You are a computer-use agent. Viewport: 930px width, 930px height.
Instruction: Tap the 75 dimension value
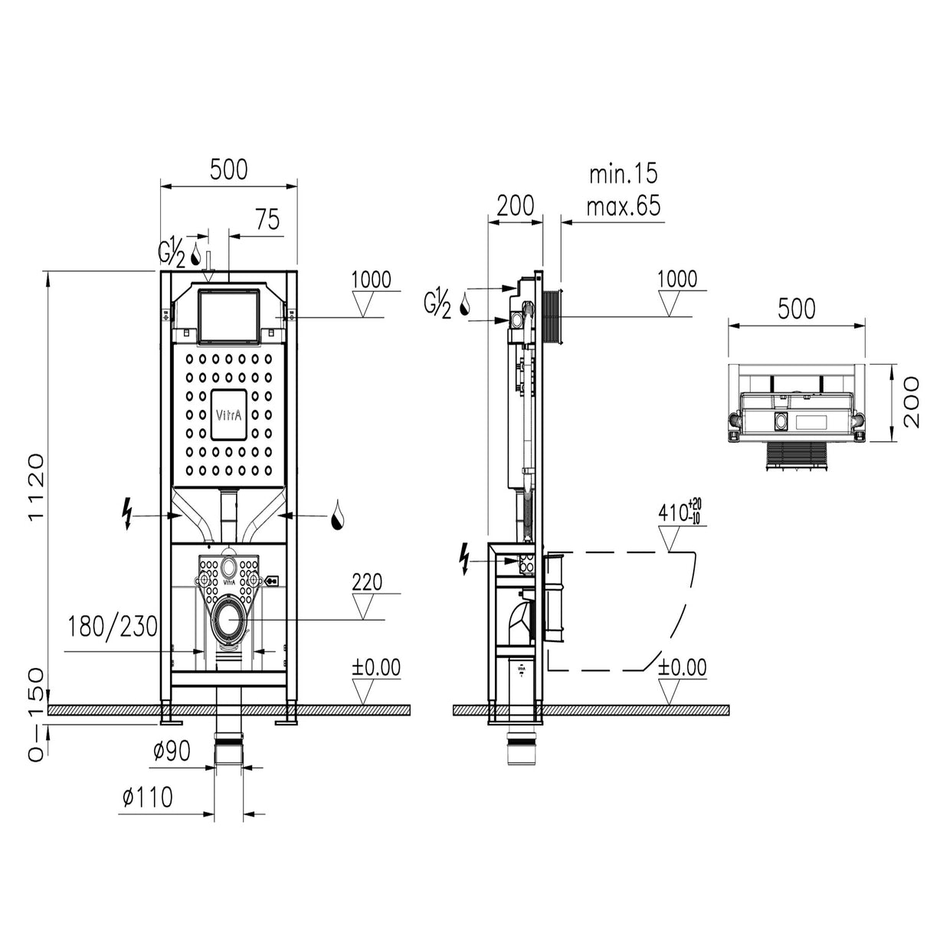[x=267, y=220]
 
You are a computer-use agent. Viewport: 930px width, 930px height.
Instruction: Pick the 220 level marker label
[x=367, y=583]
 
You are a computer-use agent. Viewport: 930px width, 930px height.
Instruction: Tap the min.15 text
[x=623, y=174]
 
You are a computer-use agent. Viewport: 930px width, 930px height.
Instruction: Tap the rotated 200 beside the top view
[x=910, y=403]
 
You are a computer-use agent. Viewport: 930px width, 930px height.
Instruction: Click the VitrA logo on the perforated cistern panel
[x=229, y=414]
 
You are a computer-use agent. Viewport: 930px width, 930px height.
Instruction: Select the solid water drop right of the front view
[x=337, y=517]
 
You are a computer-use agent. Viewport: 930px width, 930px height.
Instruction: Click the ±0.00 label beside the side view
[x=683, y=667]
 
